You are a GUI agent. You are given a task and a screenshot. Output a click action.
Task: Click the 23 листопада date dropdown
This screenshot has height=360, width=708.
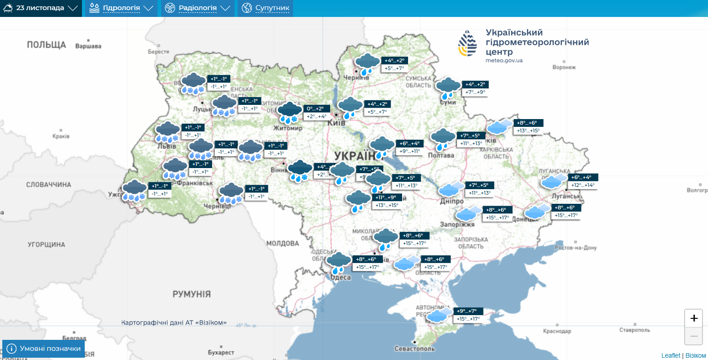pos(40,8)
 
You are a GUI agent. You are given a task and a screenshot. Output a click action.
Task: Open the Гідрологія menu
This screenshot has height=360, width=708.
pos(121,8)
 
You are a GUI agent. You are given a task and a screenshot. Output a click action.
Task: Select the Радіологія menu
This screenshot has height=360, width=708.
pos(197,8)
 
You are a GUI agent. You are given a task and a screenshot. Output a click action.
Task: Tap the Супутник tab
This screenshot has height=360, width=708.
pos(266,8)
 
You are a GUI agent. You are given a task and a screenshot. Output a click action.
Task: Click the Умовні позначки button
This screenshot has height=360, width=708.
pos(44,349)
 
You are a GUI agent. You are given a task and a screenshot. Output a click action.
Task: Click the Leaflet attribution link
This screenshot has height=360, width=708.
pos(670,355)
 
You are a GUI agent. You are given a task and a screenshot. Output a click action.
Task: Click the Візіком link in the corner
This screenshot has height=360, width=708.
pos(696,355)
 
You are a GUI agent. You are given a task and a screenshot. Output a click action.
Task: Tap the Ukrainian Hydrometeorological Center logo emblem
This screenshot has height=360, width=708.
pos(468,44)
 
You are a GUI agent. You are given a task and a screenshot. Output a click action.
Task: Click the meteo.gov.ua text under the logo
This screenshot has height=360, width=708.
pos(504,60)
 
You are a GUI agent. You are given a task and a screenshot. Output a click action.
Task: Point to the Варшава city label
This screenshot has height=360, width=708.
pos(88,46)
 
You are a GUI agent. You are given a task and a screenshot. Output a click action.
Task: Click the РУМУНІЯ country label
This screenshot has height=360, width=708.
pos(191,294)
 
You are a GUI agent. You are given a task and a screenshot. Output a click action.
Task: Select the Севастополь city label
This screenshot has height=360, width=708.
pos(414,349)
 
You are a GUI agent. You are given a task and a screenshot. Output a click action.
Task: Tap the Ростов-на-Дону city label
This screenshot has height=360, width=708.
pos(576,248)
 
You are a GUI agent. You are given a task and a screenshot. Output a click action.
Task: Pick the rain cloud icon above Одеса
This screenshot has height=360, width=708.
pos(338,262)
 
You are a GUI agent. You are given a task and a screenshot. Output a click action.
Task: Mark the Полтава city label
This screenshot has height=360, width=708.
pos(441,155)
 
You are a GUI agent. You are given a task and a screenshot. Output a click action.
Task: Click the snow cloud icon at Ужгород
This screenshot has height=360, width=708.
pos(134,190)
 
